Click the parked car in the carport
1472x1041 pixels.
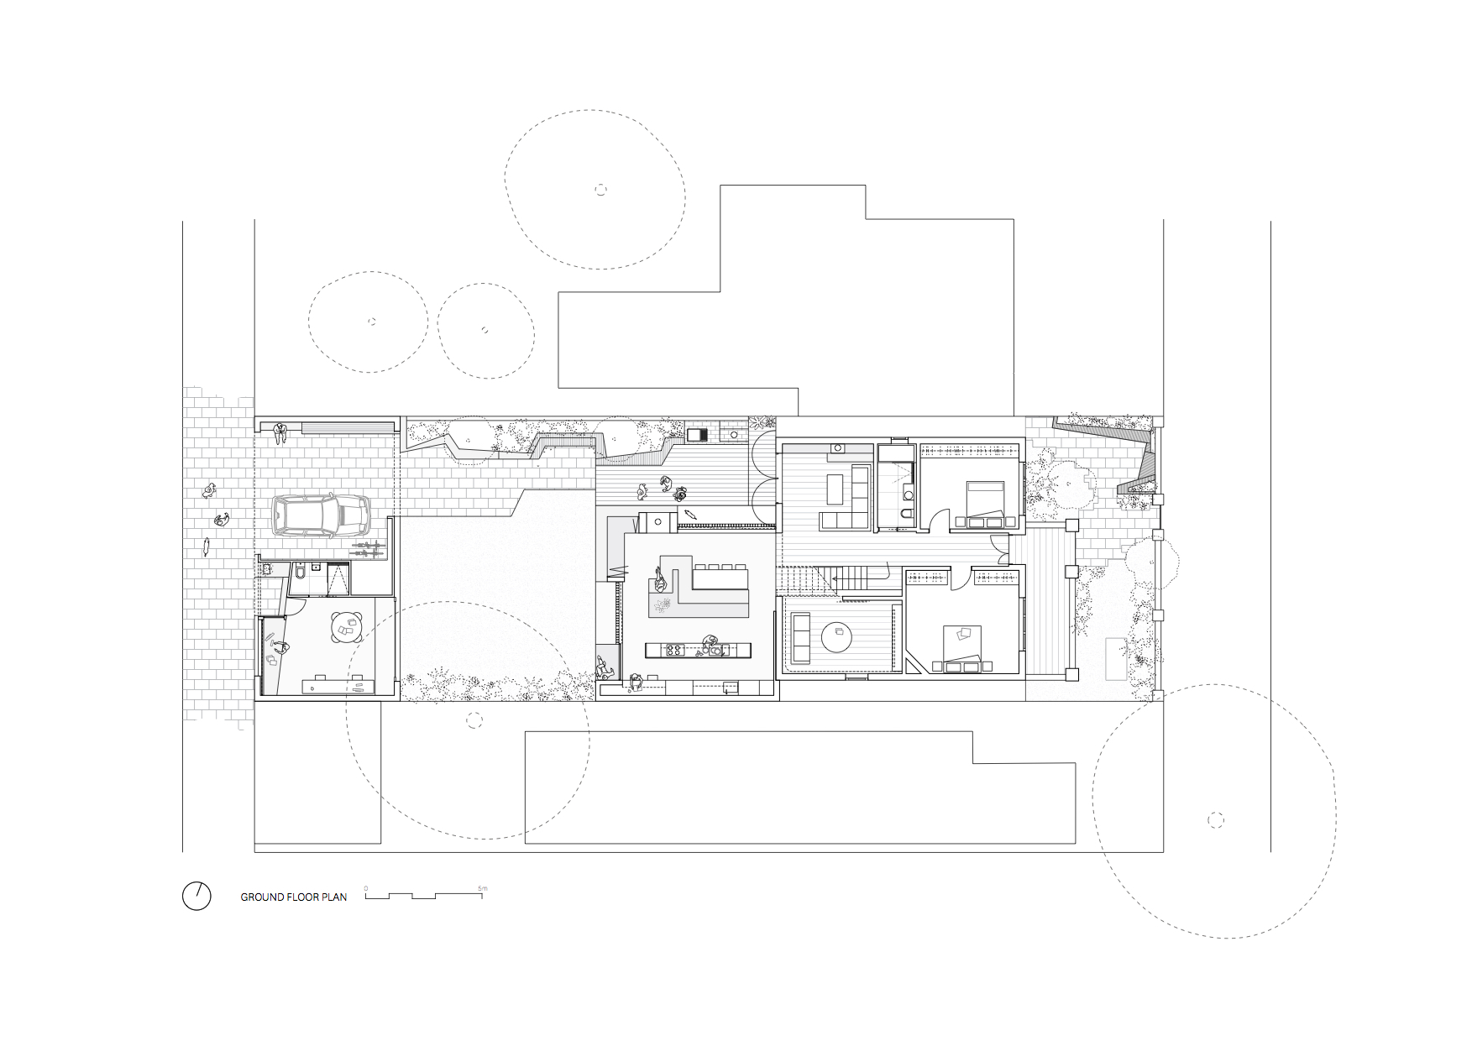[321, 515]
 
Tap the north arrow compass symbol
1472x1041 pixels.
[196, 896]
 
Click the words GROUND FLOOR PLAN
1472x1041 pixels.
[294, 897]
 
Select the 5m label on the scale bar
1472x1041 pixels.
[482, 888]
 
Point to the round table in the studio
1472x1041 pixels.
[348, 625]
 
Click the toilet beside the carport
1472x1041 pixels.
[299, 573]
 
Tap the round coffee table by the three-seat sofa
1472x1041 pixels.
[838, 636]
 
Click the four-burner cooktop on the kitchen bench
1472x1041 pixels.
[674, 650]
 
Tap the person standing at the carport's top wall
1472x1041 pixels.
[280, 432]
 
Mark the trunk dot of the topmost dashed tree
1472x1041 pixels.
[600, 190]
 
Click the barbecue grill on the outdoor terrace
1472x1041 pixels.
[697, 435]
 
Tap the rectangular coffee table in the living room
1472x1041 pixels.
[836, 487]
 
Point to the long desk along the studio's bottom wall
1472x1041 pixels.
[336, 684]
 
